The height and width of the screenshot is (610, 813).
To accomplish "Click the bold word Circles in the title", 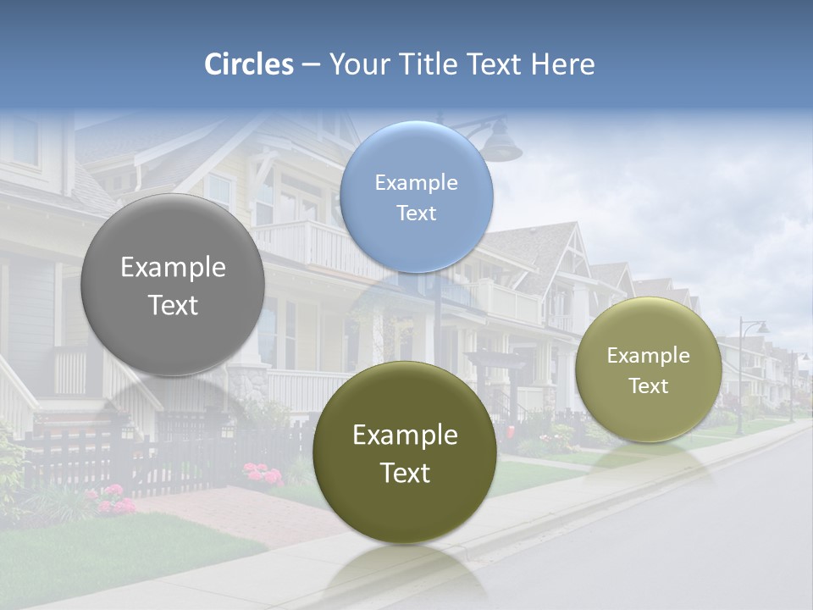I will [249, 64].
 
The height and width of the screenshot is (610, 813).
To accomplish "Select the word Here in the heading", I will [563, 64].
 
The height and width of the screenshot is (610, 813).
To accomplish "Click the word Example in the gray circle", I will [173, 268].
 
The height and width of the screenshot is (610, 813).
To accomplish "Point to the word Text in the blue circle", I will [417, 213].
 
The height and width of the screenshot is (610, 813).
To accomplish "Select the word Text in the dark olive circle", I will [405, 473].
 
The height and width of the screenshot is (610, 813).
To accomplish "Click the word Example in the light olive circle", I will [648, 356].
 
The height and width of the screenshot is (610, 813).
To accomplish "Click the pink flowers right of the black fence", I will [263, 474].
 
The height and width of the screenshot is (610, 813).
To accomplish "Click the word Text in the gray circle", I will [173, 305].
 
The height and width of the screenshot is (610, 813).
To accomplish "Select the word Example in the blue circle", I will [417, 183].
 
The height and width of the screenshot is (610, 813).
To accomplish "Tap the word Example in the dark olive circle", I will [405, 435].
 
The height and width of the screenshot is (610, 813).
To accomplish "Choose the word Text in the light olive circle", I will [648, 386].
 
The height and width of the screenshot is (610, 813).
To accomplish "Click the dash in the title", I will [311, 65].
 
